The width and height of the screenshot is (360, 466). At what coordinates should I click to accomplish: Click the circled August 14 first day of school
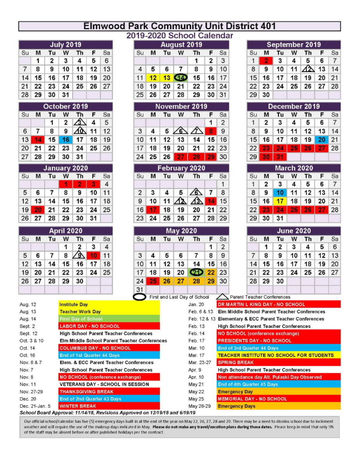(181, 78)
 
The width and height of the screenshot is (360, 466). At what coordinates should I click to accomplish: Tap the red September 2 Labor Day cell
(266, 61)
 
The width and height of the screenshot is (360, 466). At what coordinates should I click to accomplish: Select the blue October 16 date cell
(66, 140)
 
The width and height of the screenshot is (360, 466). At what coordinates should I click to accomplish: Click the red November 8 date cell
(211, 131)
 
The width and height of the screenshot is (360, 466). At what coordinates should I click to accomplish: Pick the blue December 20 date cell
(322, 140)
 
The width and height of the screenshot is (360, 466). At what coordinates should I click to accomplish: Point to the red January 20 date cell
(38, 210)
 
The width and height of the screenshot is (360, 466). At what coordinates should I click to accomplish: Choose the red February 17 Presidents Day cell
(153, 210)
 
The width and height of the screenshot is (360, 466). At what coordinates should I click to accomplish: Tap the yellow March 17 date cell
(280, 201)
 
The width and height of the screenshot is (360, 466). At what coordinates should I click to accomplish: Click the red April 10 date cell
(94, 255)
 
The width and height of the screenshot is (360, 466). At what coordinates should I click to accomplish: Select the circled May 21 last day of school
(196, 272)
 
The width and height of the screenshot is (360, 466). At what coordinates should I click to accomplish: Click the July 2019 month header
(66, 45)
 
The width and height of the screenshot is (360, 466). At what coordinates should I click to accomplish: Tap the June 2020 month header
(294, 231)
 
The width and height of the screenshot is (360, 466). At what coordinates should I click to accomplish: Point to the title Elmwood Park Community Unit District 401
(179, 26)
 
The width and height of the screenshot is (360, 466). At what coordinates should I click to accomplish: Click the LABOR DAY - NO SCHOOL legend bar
(109, 326)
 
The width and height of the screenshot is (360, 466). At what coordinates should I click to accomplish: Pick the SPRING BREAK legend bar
(279, 363)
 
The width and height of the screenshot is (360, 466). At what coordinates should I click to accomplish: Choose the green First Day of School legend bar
(109, 319)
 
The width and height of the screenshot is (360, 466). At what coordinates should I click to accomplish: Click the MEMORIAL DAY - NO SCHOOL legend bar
(279, 399)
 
